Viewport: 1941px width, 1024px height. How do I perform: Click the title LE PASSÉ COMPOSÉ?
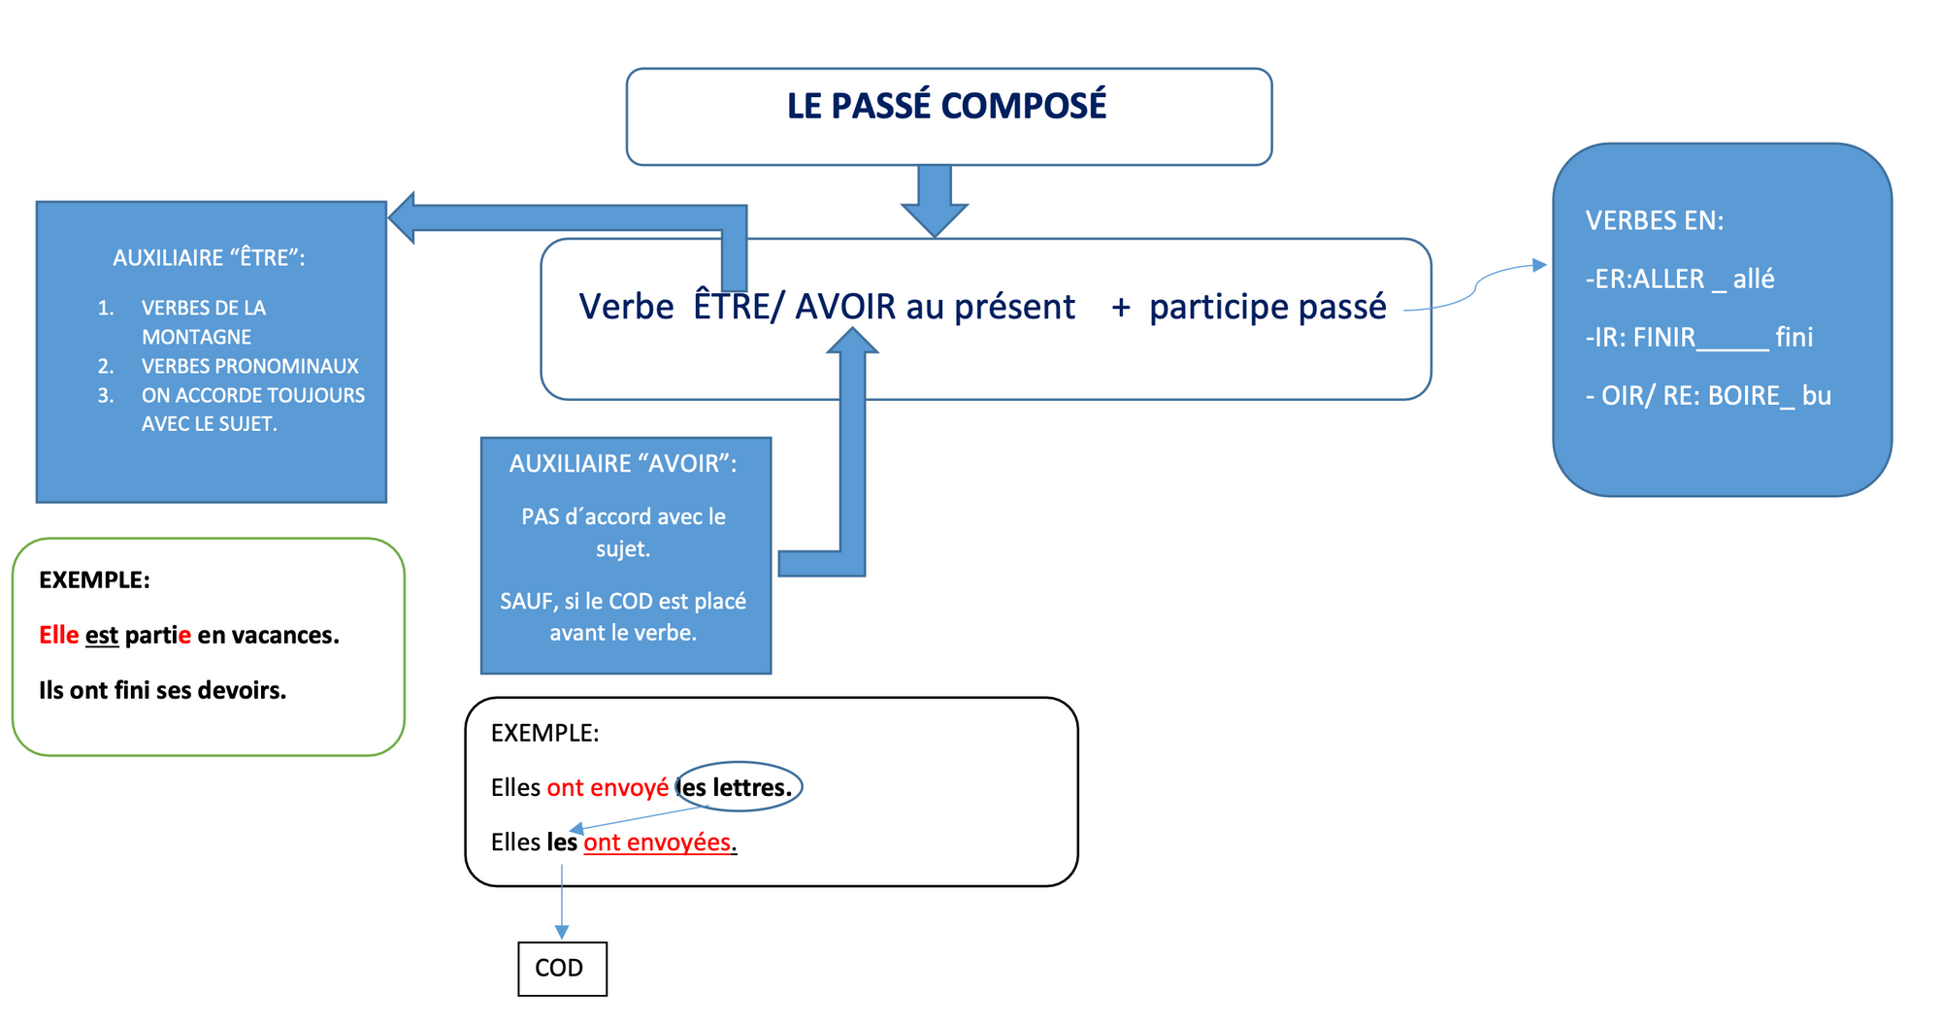pos(946,106)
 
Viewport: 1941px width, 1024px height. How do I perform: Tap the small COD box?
pos(562,968)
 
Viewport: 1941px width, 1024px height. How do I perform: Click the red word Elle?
pos(58,635)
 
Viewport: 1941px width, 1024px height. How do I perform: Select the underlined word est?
pos(102,636)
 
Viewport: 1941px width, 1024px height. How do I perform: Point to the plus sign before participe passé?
pos(1121,308)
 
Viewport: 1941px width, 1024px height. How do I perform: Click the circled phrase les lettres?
pos(739,787)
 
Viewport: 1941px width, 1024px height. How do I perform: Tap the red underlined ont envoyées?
pos(657,842)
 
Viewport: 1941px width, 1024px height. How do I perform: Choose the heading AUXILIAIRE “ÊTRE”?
pos(209,257)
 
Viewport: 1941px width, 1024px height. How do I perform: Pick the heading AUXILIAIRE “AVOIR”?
pos(623,464)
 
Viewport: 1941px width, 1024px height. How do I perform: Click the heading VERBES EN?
pos(1654,220)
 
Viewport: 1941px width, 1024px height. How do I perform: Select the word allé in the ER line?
pos(1753,279)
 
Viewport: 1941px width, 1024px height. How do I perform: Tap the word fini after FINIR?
pos(1793,337)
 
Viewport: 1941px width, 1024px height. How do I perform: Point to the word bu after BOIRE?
pos(1816,395)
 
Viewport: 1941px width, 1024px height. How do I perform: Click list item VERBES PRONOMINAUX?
pos(249,366)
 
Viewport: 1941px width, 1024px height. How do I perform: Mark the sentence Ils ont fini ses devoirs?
pos(162,690)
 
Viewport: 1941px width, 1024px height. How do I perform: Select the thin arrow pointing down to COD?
pos(562,903)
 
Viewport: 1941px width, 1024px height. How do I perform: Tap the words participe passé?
pos(1267,307)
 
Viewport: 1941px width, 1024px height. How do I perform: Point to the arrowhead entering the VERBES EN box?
pos(1539,265)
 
